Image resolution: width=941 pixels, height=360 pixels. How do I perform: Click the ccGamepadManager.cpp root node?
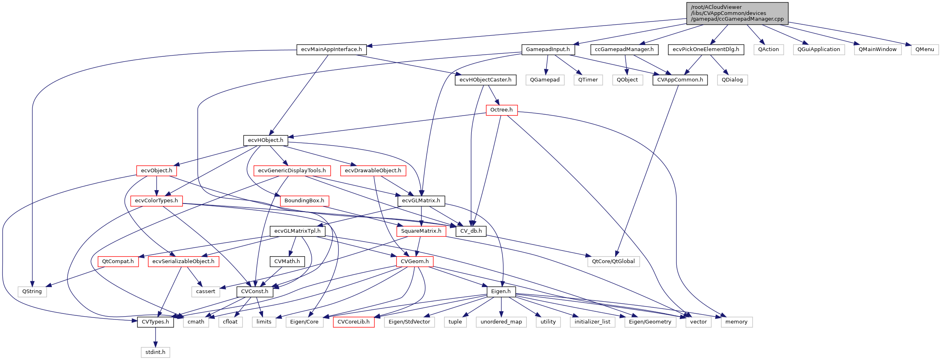pos(737,13)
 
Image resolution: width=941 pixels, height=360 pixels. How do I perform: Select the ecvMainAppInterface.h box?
pos(331,49)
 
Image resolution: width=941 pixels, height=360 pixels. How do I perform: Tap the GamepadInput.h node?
pos(547,49)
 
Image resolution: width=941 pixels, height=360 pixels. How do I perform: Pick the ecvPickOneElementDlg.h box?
pos(706,49)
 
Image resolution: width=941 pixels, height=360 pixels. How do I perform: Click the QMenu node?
pos(924,49)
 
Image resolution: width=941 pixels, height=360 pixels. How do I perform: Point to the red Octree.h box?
pos(501,110)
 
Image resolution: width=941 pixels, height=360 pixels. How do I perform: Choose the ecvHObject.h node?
pos(265,140)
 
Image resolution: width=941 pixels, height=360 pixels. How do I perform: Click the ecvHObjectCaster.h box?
pos(485,80)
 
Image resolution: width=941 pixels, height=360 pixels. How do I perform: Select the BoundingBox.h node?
pos(304,201)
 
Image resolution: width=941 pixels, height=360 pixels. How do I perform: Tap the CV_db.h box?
pos(471,231)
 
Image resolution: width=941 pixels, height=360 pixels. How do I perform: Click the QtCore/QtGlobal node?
pos(613,261)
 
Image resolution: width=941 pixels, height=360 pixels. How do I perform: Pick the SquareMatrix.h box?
pos(421,231)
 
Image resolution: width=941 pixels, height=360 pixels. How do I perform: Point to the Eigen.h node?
pos(501,291)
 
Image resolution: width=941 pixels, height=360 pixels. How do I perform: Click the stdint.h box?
pos(155,352)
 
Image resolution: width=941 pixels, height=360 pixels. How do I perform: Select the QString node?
pos(32,291)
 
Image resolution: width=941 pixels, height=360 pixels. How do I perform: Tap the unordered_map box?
pos(501,322)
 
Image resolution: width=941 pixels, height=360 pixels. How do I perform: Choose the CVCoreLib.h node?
pos(353,322)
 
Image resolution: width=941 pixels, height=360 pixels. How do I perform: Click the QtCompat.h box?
pos(118,261)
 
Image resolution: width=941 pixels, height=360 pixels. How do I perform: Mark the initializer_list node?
pos(592,322)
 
